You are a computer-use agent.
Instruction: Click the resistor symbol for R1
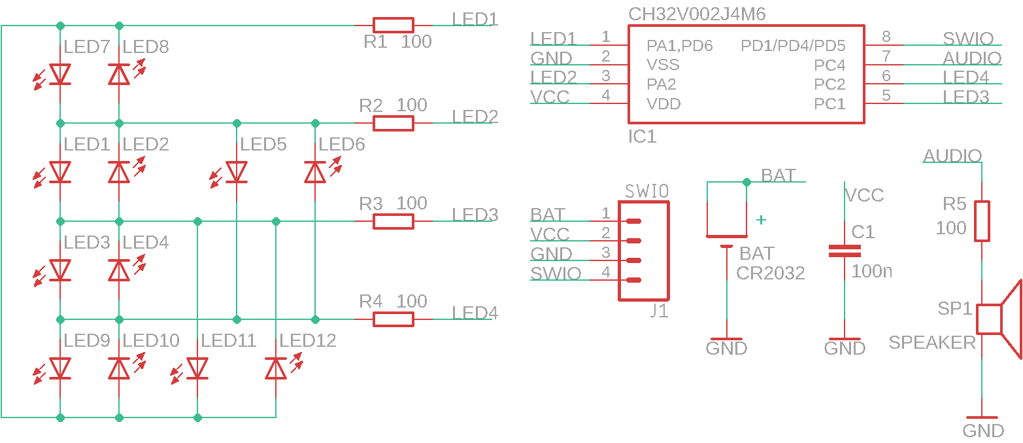393,25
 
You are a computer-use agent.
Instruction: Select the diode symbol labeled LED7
60,74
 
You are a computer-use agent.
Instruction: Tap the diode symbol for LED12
276,368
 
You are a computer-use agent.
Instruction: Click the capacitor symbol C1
845,251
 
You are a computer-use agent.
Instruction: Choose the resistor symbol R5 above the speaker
982,221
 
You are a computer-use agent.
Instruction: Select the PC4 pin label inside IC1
830,65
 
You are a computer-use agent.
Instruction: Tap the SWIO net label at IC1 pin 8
968,39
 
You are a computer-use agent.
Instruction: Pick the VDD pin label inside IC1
663,103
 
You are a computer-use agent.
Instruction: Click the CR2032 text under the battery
771,273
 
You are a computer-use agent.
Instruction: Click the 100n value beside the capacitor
872,271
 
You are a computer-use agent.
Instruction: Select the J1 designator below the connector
659,311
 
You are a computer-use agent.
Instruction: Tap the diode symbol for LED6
315,172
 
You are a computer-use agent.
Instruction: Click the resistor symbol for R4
393,319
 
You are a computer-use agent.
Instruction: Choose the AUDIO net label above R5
952,156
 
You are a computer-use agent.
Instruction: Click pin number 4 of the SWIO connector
606,272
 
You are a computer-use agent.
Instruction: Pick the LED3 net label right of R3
475,215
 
